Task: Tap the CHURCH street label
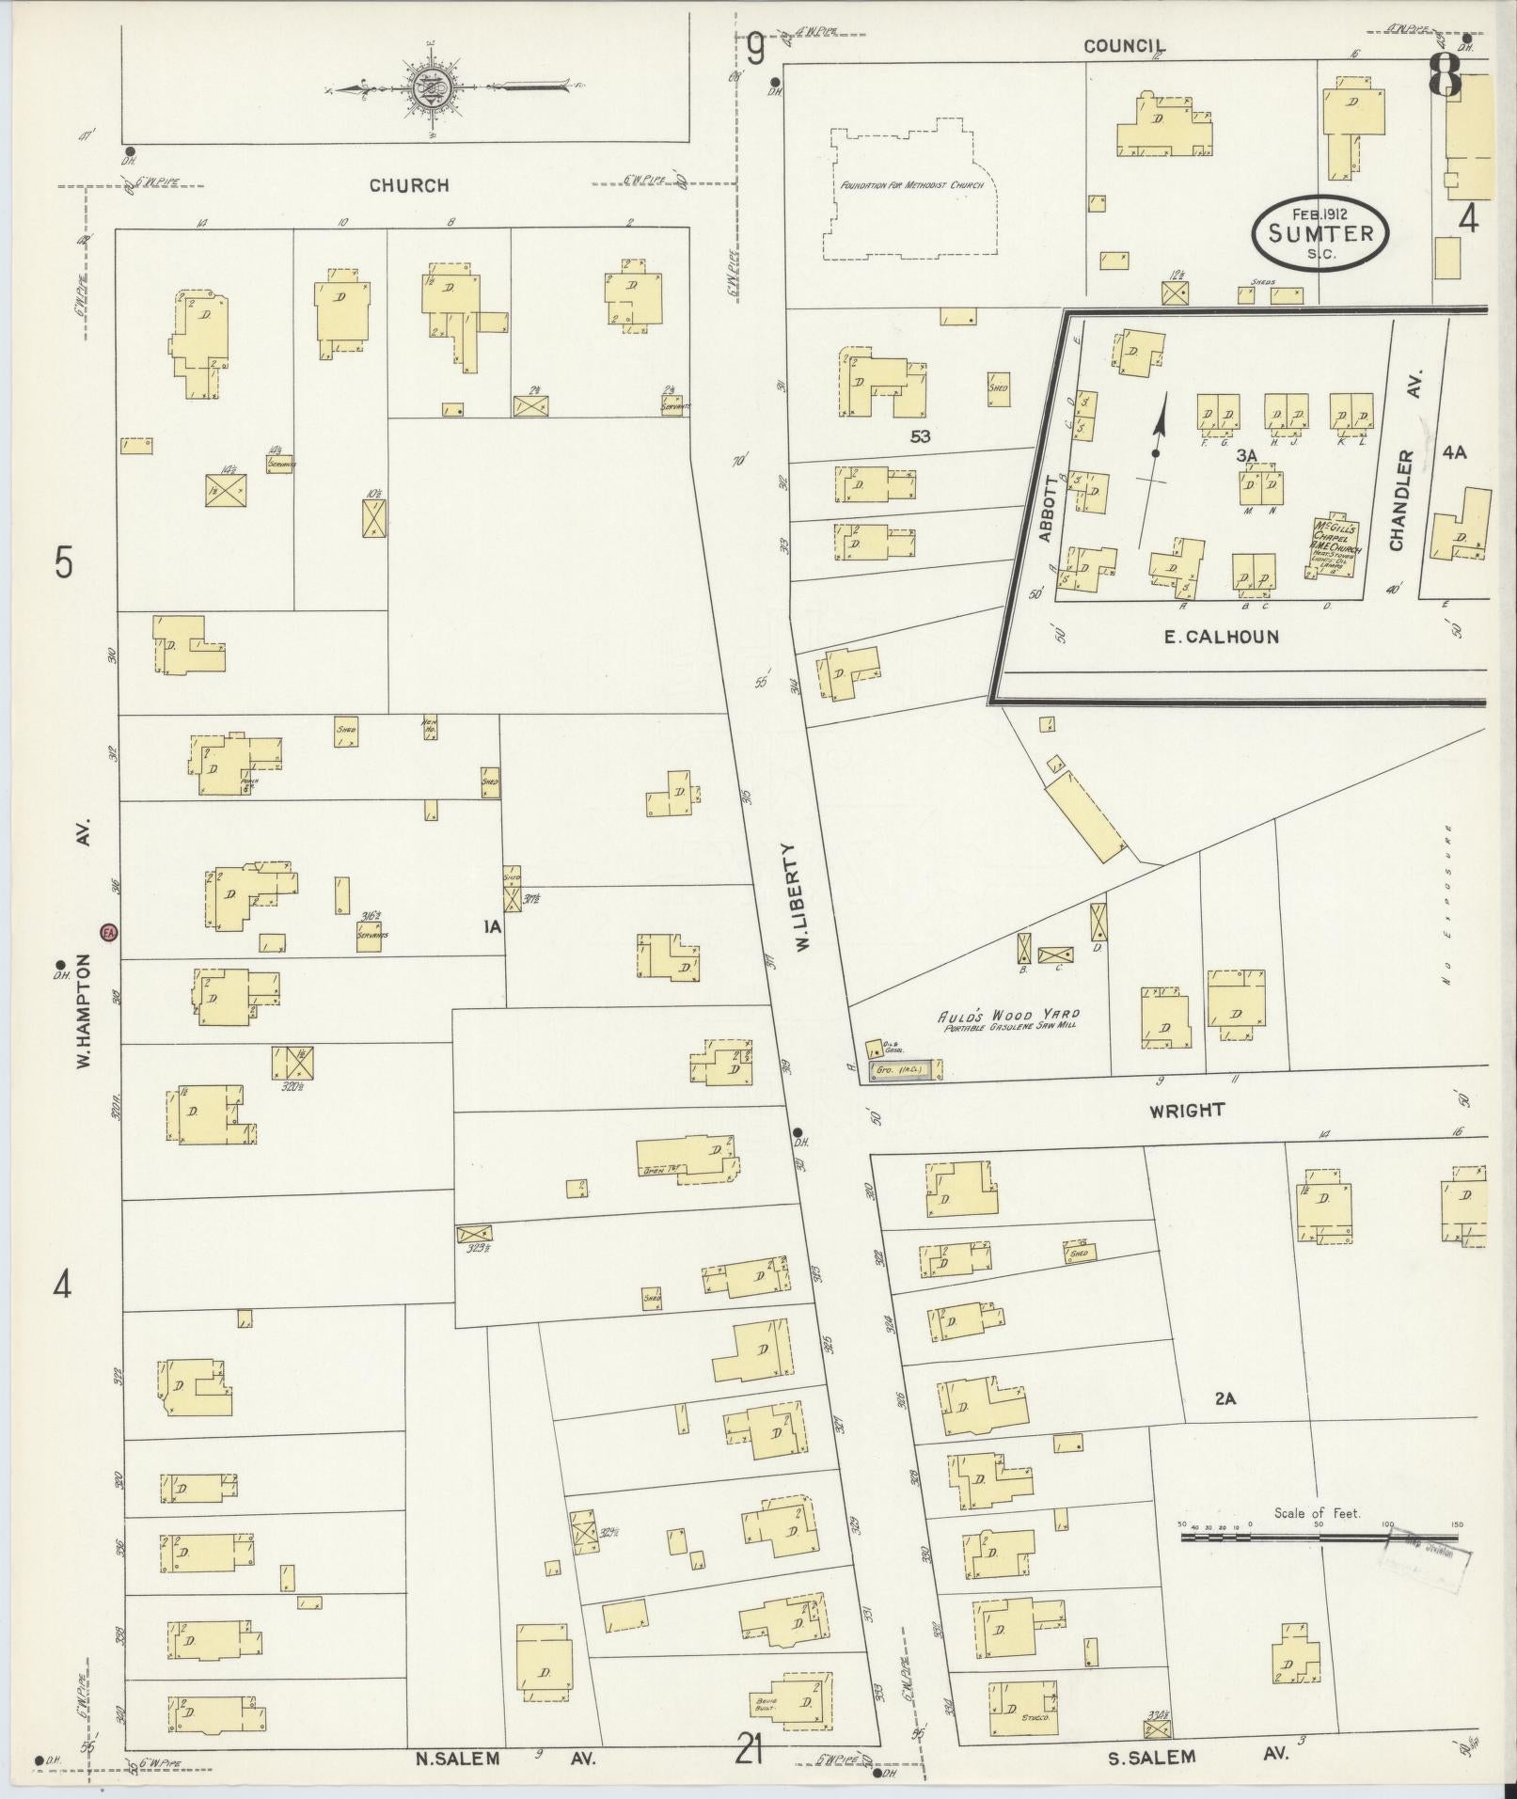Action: coord(408,185)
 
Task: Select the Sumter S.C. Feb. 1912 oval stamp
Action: coord(1319,232)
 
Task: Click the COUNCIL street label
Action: coord(1124,46)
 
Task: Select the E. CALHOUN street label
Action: coord(1221,637)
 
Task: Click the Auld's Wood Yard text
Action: coord(1008,1016)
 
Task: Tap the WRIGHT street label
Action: coord(1186,1111)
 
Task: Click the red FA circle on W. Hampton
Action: coord(109,932)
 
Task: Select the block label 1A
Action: coord(492,927)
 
